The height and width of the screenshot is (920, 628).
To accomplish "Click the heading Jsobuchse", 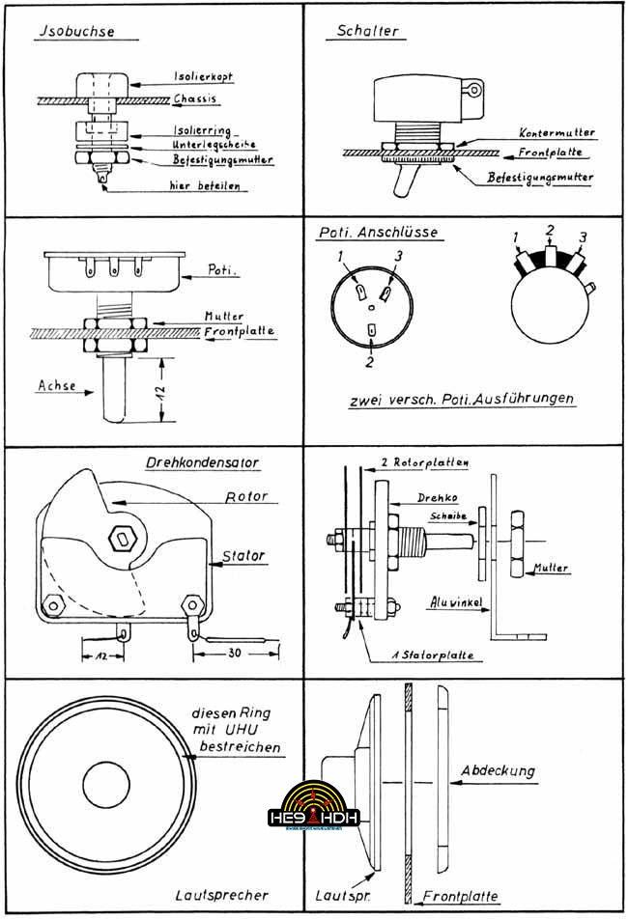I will tap(74, 31).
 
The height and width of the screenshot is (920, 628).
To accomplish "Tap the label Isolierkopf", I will tap(202, 74).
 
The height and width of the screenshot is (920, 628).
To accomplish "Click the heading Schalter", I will tap(366, 31).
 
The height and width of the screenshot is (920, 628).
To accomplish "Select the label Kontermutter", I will tap(556, 132).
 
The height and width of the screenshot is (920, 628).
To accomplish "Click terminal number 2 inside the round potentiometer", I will tap(373, 332).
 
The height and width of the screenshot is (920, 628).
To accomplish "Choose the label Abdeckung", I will tap(498, 771).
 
